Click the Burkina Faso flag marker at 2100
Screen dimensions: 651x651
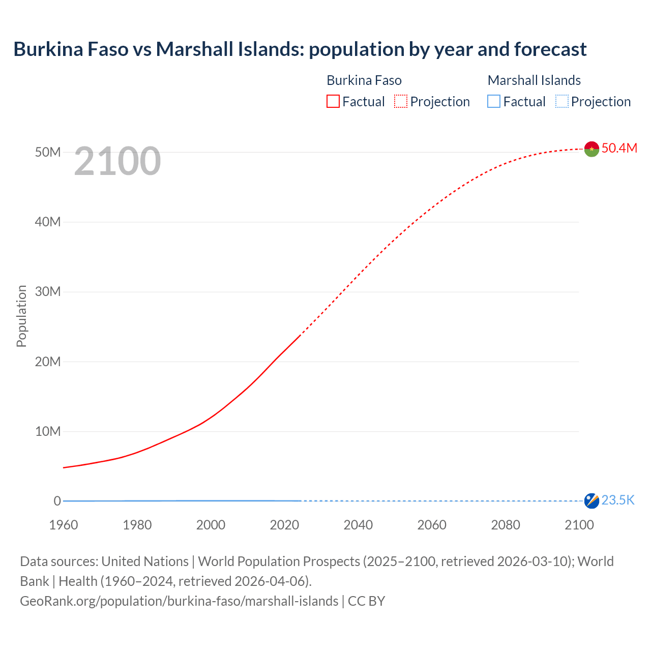[x=591, y=149]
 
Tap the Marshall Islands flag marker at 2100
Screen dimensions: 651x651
[x=591, y=501]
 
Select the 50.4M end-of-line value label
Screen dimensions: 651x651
[x=619, y=148]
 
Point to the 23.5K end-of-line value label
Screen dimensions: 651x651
[x=618, y=500]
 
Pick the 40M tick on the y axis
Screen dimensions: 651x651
[x=48, y=222]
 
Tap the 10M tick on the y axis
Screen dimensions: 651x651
[x=48, y=432]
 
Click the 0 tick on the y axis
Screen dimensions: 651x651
[x=57, y=501]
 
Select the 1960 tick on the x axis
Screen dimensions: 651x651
[x=64, y=525]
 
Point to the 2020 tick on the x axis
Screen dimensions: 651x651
[x=284, y=525]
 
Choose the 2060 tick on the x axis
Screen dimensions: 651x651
[x=432, y=525]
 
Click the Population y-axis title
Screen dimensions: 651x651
[x=21, y=316]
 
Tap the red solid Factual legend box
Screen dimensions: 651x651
[x=333, y=102]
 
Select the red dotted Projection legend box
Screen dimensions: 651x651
[x=401, y=102]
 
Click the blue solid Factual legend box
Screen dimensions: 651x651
[x=494, y=102]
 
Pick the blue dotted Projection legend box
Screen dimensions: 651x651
[x=562, y=102]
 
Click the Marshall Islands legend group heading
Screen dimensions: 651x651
[x=534, y=80]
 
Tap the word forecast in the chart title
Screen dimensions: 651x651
[x=550, y=49]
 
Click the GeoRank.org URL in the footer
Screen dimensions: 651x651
[x=179, y=601]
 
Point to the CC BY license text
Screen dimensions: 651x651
[x=366, y=601]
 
